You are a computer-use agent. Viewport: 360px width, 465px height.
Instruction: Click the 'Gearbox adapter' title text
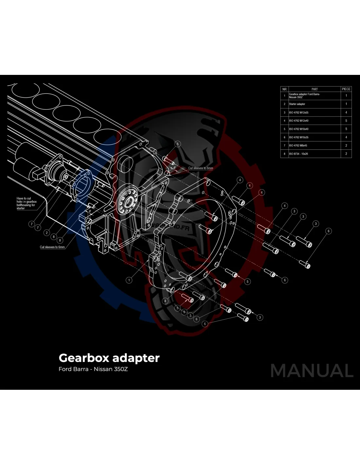point(109,358)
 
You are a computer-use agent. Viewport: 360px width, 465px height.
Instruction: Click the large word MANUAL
point(312,371)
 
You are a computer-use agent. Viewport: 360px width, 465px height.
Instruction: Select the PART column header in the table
point(314,89)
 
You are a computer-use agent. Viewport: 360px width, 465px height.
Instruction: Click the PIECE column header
point(346,89)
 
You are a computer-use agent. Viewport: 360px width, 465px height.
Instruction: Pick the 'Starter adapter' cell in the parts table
point(297,104)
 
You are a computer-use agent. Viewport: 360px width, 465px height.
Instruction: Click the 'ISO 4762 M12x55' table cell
point(298,112)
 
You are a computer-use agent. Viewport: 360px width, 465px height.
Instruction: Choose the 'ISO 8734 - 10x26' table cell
point(298,154)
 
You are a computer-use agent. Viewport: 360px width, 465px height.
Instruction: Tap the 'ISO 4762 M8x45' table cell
point(298,146)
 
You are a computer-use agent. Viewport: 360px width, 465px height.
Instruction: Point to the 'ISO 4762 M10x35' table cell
point(298,137)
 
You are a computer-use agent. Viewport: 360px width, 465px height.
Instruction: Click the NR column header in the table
point(284,89)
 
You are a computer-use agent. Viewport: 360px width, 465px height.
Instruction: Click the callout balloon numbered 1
point(129,280)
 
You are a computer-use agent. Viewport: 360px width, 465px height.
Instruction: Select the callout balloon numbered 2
point(47,233)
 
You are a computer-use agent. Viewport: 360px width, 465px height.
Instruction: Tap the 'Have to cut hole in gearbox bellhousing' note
point(27,203)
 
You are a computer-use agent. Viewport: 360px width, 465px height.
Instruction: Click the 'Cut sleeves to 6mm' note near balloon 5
point(200,168)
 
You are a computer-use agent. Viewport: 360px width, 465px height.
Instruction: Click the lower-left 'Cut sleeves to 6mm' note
point(52,247)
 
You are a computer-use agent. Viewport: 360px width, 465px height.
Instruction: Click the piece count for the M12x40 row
point(346,121)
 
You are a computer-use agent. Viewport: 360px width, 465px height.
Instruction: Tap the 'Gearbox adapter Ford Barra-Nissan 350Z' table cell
point(304,95)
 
